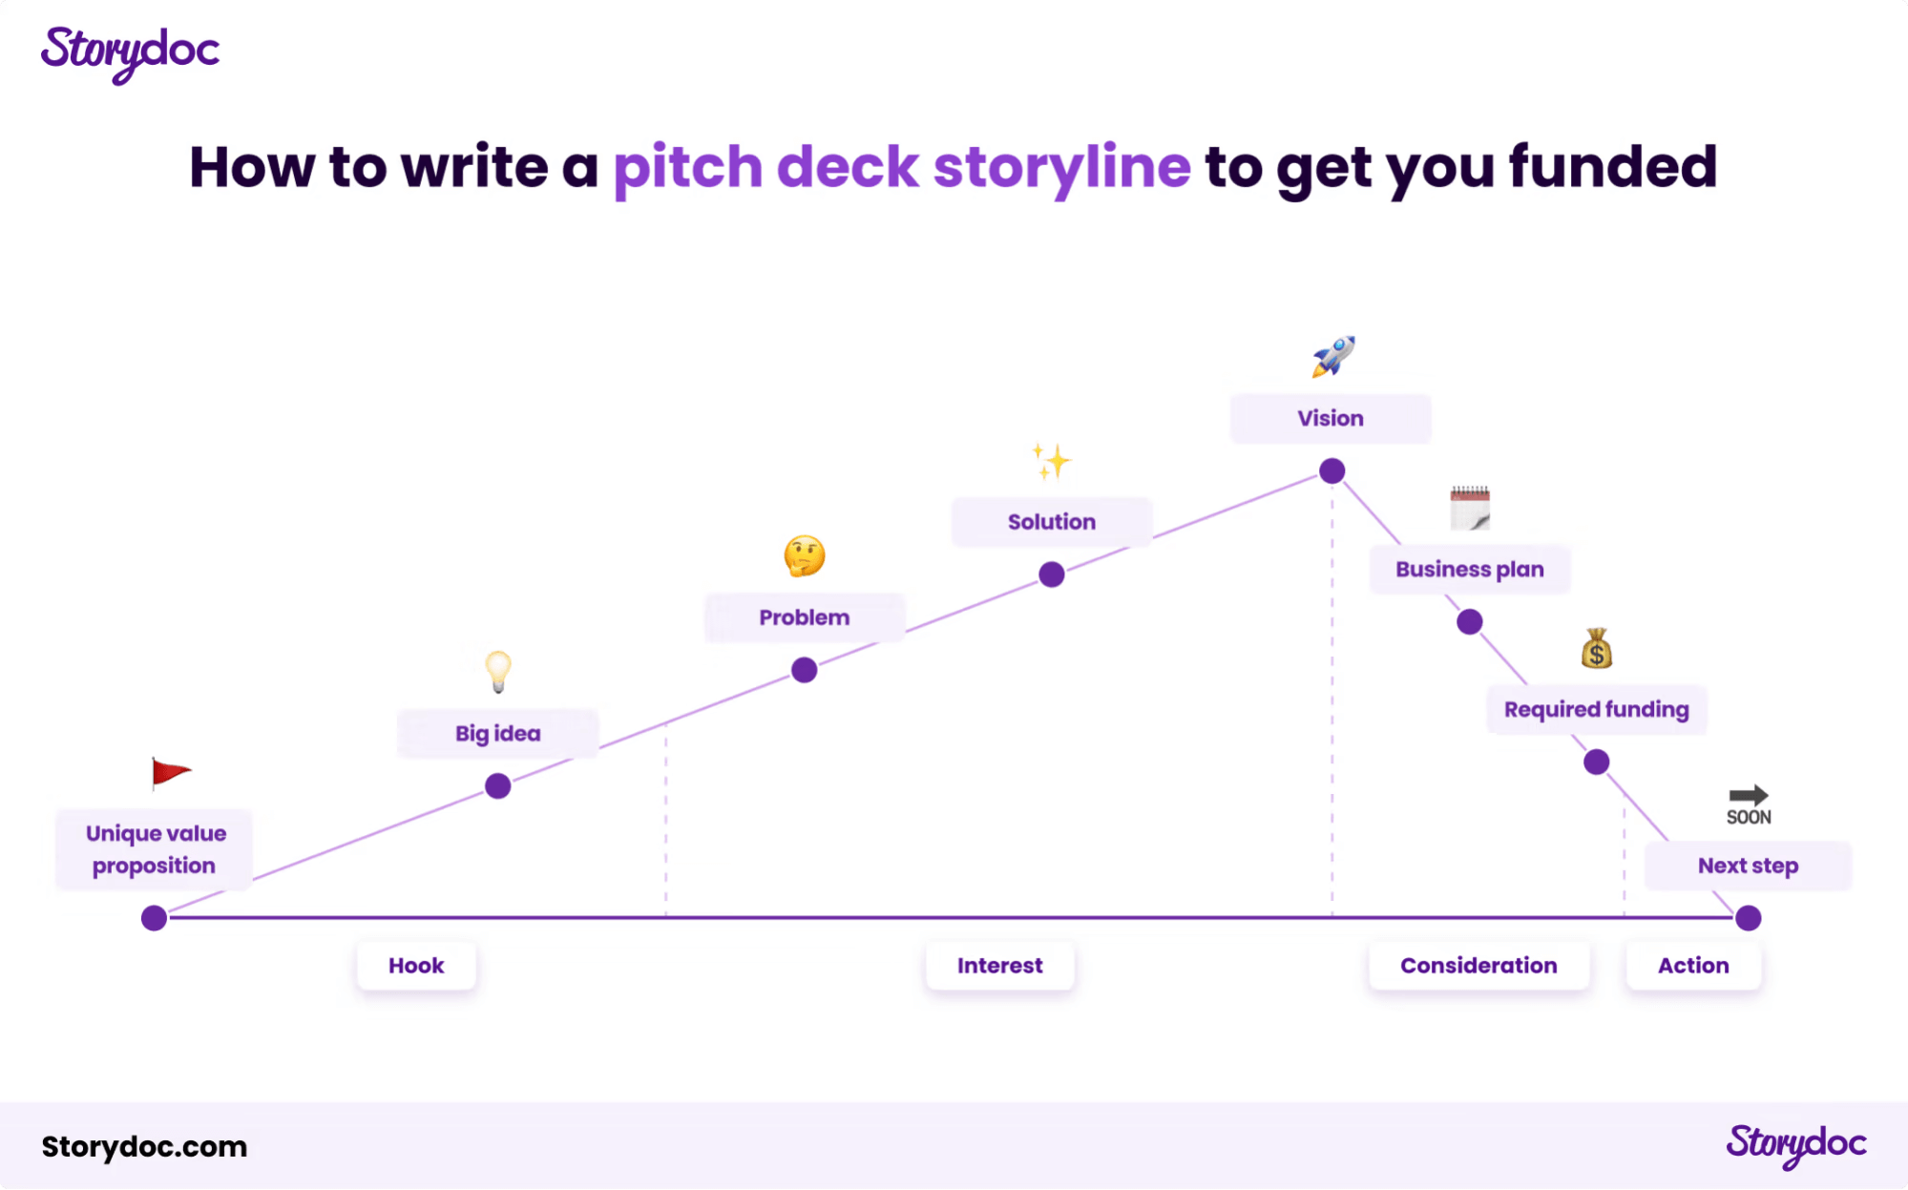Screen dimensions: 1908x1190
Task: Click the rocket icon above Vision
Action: [1333, 356]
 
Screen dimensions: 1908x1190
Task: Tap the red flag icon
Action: [171, 773]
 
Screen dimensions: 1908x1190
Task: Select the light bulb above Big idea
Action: [498, 671]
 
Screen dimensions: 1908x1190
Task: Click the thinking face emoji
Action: [805, 555]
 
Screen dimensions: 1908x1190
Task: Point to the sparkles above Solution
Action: [1052, 462]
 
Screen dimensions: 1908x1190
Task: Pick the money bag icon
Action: [1597, 649]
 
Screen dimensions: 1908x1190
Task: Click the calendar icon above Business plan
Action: [1470, 508]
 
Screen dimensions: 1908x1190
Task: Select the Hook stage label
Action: [416, 966]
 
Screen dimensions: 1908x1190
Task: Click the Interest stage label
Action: [1000, 966]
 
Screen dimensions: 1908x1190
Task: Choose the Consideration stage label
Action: [1478, 966]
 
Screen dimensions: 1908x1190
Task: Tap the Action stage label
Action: [1693, 966]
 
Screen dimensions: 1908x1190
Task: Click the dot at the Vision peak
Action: [1332, 470]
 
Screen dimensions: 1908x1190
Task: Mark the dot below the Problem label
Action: [805, 670]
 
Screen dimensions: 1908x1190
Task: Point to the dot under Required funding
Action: [1597, 762]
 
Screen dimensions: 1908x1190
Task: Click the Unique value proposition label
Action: [156, 849]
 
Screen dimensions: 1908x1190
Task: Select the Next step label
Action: [1748, 866]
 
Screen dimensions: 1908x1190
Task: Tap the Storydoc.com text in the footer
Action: [144, 1146]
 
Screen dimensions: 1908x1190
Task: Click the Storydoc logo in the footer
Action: [1796, 1144]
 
